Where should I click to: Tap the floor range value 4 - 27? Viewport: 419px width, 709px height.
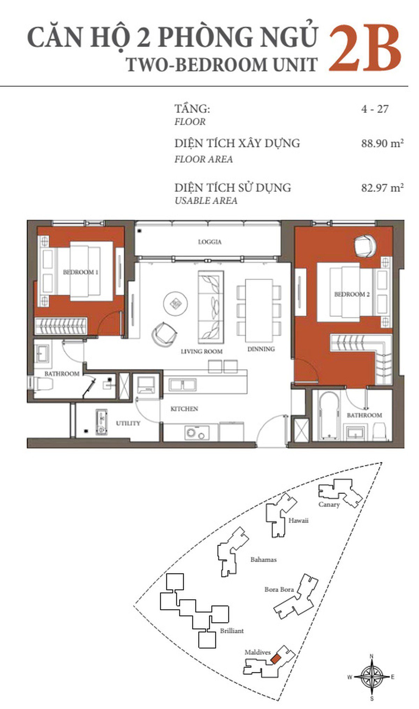tap(375, 109)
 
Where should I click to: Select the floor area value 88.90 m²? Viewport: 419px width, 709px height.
tap(382, 143)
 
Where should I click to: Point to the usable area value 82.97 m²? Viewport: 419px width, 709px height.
tap(382, 188)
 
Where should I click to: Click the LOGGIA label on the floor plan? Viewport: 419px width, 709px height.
tap(210, 242)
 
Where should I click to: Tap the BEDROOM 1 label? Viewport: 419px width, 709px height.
tap(81, 272)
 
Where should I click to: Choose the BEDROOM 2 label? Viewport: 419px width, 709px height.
tap(352, 294)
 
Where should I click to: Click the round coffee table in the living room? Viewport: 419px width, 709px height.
tap(175, 303)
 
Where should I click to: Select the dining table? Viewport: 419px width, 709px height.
tap(259, 310)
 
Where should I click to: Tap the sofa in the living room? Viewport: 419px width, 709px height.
tap(211, 307)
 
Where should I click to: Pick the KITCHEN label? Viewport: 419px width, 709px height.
tap(184, 408)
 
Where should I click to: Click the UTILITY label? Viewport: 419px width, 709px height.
tap(128, 423)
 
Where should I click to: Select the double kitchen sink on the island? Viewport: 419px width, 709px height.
tap(182, 385)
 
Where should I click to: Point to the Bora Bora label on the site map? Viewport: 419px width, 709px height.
tap(279, 589)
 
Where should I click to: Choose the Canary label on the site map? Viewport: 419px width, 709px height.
tap(329, 505)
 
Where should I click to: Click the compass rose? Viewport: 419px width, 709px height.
tap(372, 677)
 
